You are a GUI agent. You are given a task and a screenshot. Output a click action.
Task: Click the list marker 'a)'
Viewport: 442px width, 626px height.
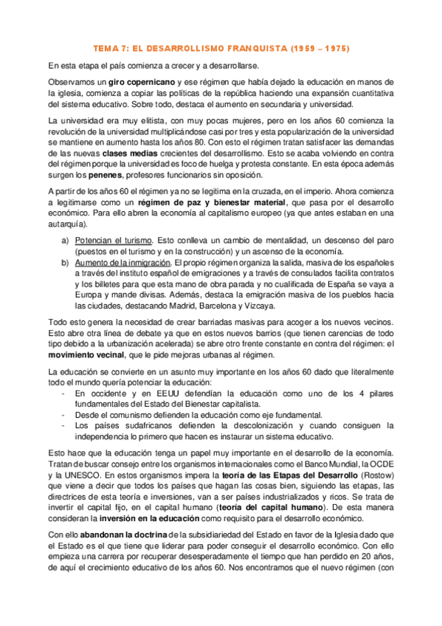coord(65,240)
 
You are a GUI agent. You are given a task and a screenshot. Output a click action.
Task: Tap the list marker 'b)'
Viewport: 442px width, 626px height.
coord(65,262)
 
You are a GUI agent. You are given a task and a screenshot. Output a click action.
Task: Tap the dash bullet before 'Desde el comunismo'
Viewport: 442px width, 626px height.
coord(64,416)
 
